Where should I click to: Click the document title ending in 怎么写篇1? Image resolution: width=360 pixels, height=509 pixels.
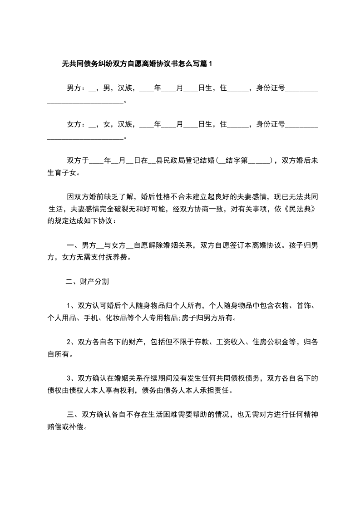(x=137, y=64)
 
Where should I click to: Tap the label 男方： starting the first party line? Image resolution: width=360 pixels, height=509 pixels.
(x=76, y=88)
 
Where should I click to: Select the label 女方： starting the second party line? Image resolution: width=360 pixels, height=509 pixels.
(x=76, y=124)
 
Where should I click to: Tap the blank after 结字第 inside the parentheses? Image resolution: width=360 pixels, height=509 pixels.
(x=259, y=160)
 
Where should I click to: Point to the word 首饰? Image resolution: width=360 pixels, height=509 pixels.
(x=299, y=305)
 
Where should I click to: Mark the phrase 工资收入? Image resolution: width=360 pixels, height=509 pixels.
(x=229, y=341)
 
